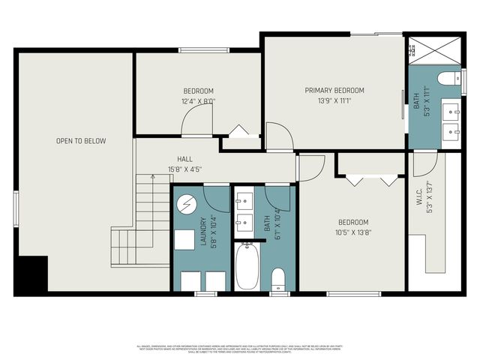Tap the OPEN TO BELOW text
[81, 141]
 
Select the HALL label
[184, 159]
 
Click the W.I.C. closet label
[421, 198]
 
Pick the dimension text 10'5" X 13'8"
[352, 232]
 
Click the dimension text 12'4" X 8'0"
[198, 101]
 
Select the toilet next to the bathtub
[278, 278]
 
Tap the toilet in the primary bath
[450, 77]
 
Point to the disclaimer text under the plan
[240, 349]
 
